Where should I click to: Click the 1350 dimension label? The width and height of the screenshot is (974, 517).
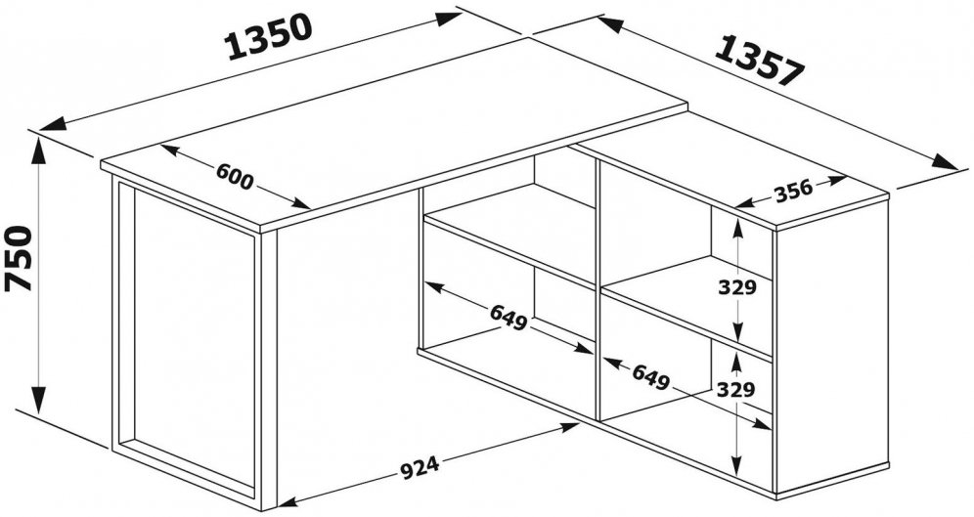(x=269, y=36)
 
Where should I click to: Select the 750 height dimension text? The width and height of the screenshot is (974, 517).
(x=18, y=259)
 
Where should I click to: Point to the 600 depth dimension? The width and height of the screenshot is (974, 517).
(x=235, y=177)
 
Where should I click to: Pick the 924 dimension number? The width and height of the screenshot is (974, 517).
(x=420, y=468)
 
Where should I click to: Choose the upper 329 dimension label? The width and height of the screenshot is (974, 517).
(x=736, y=288)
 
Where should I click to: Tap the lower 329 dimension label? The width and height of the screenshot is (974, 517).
(x=736, y=390)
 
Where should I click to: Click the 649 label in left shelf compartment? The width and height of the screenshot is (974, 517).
(x=509, y=318)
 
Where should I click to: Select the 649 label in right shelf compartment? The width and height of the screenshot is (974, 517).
(x=651, y=376)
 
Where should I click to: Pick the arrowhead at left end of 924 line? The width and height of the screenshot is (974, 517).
(x=291, y=500)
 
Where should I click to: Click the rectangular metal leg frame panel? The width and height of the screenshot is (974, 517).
(x=187, y=339)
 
